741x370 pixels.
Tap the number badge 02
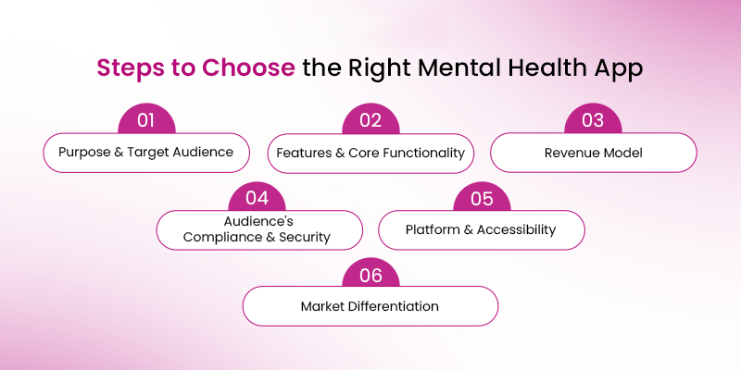tap(370, 121)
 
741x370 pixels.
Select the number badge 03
tap(593, 121)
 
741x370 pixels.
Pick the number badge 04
tap(258, 198)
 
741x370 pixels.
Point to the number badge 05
tap(482, 198)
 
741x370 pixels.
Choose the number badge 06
tap(370, 274)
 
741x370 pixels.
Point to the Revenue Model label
tap(593, 153)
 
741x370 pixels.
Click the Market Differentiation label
tap(370, 305)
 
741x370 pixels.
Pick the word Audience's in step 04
tap(258, 222)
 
